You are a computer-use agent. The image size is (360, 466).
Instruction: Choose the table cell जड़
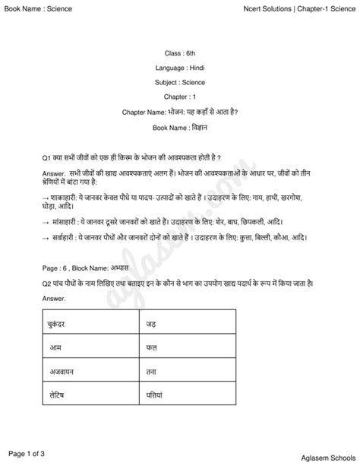[151, 325]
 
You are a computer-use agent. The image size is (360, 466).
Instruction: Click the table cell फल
[151, 347]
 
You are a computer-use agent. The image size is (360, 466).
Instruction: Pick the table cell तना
[151, 372]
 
